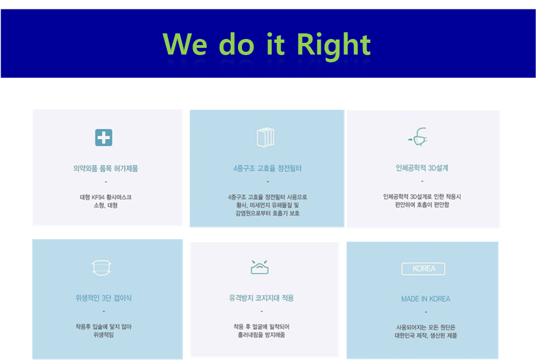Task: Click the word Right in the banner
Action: click(x=334, y=45)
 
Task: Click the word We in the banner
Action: click(x=185, y=44)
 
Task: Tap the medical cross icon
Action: click(x=103, y=137)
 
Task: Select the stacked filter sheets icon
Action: click(x=266, y=137)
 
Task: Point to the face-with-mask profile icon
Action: click(x=418, y=137)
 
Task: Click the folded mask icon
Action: click(x=102, y=267)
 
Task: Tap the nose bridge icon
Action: click(x=260, y=267)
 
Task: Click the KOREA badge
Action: click(x=424, y=269)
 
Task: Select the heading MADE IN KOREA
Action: click(x=425, y=299)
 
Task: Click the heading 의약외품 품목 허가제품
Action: click(x=106, y=169)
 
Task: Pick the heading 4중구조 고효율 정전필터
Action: click(x=267, y=169)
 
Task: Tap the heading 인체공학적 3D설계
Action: click(x=422, y=168)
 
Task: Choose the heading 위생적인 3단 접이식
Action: click(x=103, y=298)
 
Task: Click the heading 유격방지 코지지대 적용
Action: click(x=261, y=298)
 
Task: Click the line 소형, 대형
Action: click(x=106, y=205)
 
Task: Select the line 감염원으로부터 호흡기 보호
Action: click(x=267, y=213)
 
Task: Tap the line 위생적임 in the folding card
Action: click(x=103, y=334)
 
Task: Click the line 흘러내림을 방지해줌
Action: click(x=261, y=334)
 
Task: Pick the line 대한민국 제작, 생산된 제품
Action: click(x=425, y=336)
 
